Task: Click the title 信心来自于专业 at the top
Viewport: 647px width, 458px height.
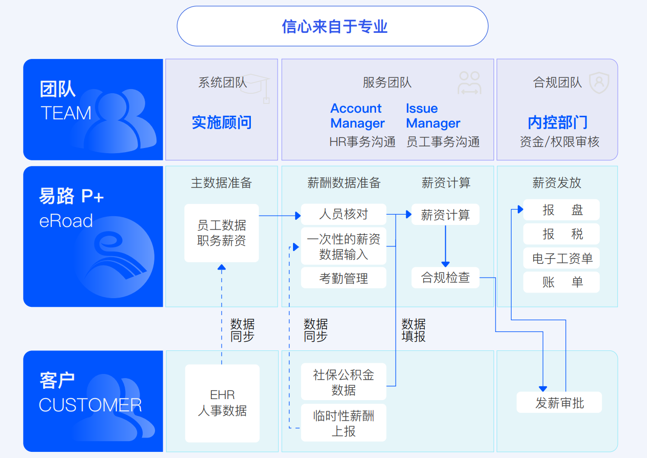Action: pos(335,27)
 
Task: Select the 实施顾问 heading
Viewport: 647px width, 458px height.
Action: pos(222,122)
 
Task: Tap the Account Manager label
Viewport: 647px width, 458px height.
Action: pos(357,116)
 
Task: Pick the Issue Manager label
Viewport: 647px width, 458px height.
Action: pos(433,116)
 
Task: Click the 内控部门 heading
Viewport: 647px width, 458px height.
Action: pos(557,122)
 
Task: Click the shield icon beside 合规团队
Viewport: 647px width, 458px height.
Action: pos(599,82)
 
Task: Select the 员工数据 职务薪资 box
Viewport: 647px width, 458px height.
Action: pos(222,233)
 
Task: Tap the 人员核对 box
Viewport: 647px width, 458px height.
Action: pos(343,214)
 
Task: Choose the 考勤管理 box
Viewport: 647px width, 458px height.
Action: pos(343,278)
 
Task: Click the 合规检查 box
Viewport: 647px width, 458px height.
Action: pos(445,278)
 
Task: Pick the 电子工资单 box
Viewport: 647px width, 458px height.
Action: pos(561,258)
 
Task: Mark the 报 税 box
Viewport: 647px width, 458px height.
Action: pos(561,234)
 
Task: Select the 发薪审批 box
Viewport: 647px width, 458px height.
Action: pos(559,402)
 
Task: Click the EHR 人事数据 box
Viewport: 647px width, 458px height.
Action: pos(222,403)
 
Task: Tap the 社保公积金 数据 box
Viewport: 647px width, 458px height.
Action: pos(343,382)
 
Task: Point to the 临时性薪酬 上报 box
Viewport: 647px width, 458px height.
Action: pos(343,423)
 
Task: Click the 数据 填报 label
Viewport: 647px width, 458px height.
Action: pos(414,330)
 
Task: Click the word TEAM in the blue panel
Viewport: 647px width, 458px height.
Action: pos(66,113)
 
